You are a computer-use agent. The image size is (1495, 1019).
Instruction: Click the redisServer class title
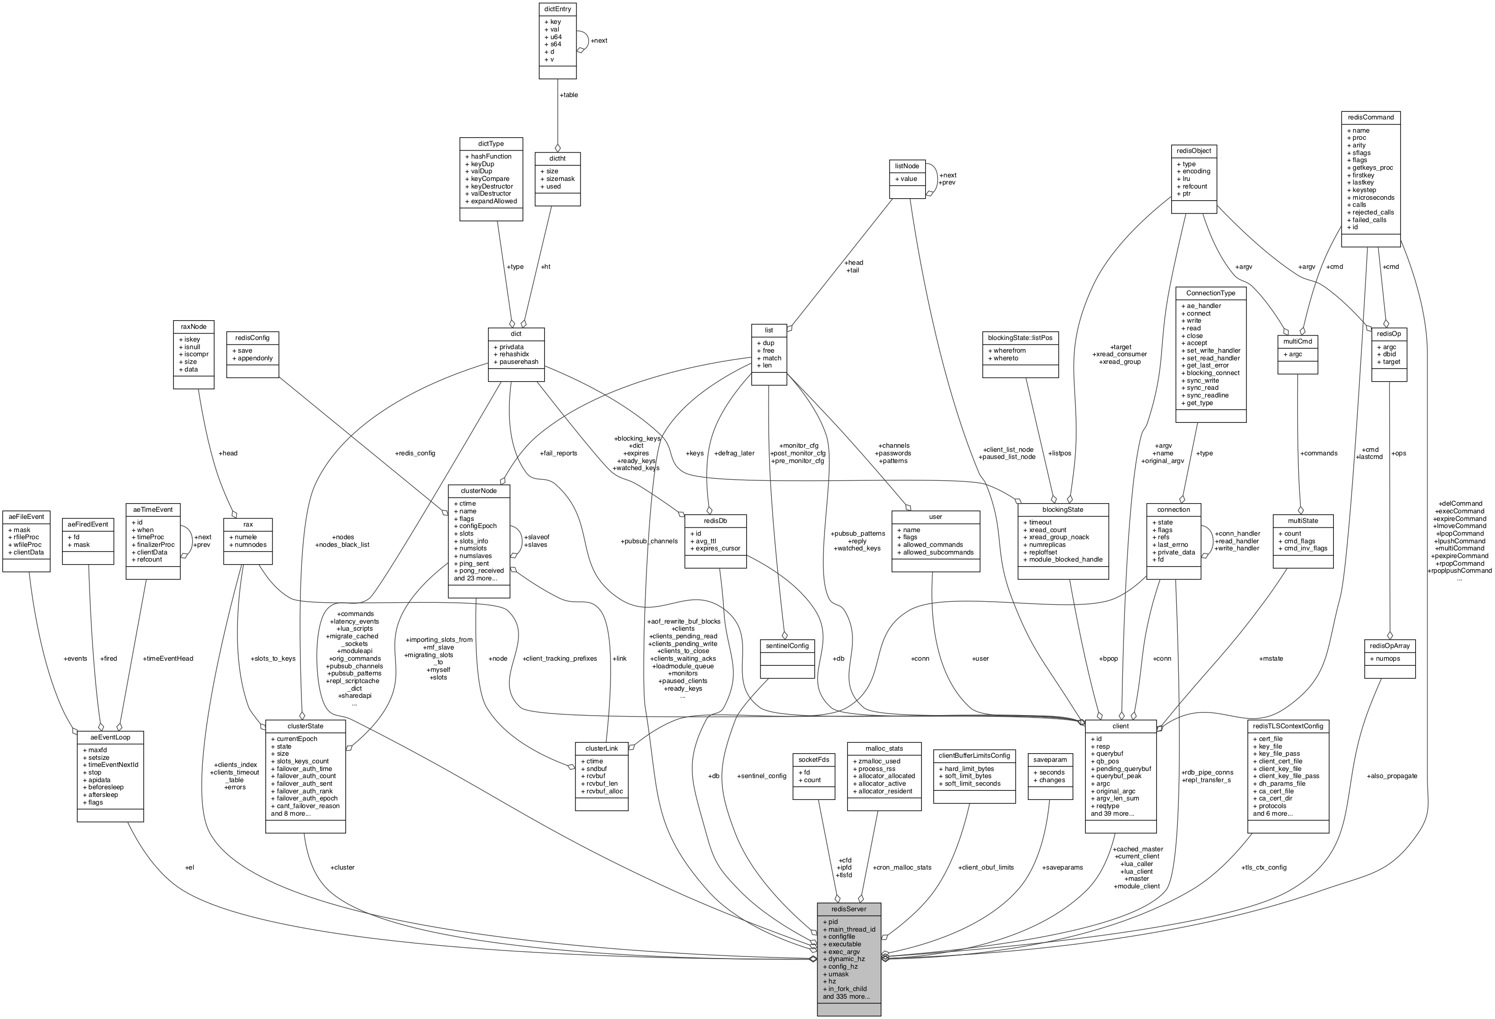click(x=848, y=909)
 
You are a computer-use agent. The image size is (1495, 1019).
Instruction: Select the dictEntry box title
click(x=557, y=9)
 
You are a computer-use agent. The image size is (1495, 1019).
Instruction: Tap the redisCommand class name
click(x=1370, y=117)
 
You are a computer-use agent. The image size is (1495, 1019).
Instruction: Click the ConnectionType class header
click(x=1210, y=293)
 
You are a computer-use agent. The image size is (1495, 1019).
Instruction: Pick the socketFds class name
click(x=814, y=760)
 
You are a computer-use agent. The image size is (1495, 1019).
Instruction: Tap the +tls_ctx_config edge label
click(x=1263, y=867)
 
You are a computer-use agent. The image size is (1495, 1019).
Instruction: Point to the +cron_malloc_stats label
click(x=902, y=867)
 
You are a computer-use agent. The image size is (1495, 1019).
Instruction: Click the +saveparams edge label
click(x=1062, y=867)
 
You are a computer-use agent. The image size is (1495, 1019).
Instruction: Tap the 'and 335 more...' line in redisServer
click(x=846, y=997)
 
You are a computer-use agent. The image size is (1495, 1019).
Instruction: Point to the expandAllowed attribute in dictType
click(x=493, y=201)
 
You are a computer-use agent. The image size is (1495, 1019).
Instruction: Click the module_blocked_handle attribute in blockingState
click(x=1065, y=559)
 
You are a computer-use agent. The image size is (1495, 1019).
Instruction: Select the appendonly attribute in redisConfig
click(x=255, y=358)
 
